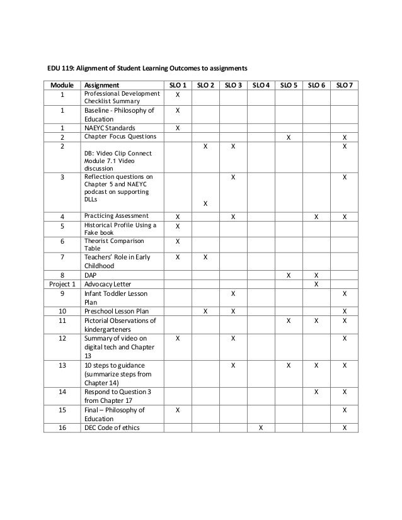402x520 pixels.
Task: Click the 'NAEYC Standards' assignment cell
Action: point(109,128)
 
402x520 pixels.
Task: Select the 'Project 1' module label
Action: point(62,284)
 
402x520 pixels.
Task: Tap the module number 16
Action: point(62,429)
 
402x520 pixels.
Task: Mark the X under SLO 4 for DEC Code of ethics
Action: point(260,429)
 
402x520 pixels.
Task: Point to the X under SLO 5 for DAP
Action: point(289,275)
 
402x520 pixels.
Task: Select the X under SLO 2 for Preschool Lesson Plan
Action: point(205,311)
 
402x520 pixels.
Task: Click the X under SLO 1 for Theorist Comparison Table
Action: point(178,241)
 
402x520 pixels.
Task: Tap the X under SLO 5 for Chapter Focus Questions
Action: point(289,137)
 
